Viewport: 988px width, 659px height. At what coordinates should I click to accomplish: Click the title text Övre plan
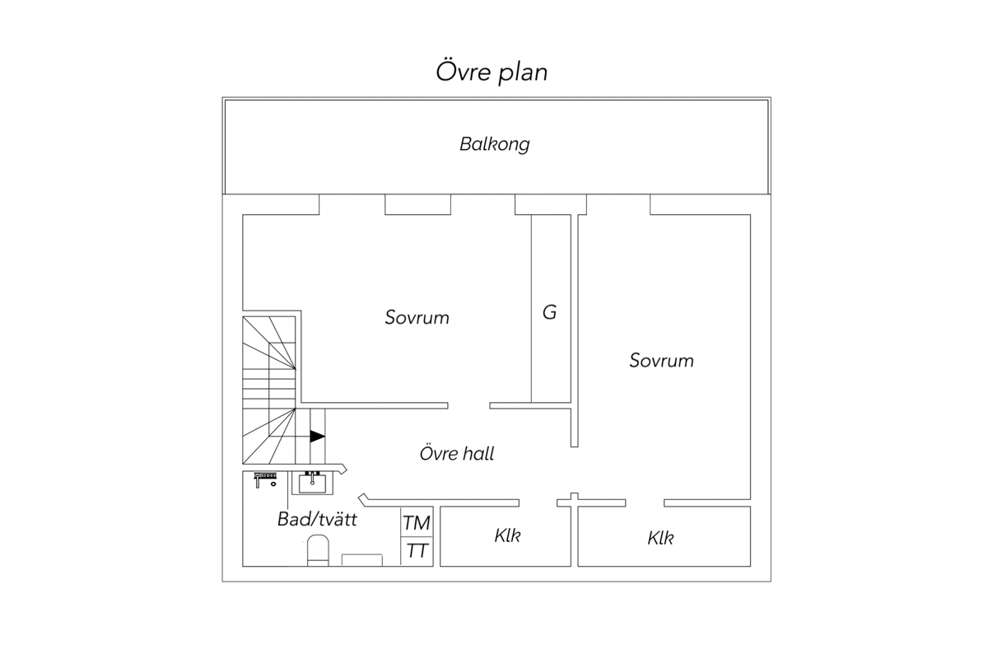click(x=492, y=72)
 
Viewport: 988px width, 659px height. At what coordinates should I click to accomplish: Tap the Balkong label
click(x=495, y=144)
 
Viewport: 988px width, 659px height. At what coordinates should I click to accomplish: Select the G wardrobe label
click(x=550, y=312)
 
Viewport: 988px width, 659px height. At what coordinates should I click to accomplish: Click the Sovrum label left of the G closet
click(x=417, y=317)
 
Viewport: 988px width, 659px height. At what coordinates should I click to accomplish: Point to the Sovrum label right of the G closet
click(x=661, y=361)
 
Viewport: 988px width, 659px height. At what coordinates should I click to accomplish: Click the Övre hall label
click(x=456, y=453)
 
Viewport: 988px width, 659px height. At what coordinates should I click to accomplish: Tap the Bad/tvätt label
click(x=317, y=519)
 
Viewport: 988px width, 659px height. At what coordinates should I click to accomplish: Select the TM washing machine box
click(x=417, y=522)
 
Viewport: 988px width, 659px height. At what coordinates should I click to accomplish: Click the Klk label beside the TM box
click(x=507, y=536)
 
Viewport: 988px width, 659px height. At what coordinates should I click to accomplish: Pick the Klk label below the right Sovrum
click(x=660, y=538)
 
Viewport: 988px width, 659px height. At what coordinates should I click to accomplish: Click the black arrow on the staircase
click(x=317, y=437)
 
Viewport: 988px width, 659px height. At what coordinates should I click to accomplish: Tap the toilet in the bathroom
click(x=318, y=550)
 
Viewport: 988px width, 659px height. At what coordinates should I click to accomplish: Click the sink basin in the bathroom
click(x=312, y=484)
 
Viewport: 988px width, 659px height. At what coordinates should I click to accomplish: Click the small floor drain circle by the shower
click(x=273, y=484)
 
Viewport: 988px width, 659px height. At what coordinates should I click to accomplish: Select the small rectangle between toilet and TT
click(x=362, y=560)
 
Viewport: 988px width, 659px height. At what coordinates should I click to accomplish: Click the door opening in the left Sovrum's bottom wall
click(x=468, y=405)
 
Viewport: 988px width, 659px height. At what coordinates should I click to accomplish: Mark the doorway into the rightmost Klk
click(x=645, y=503)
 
